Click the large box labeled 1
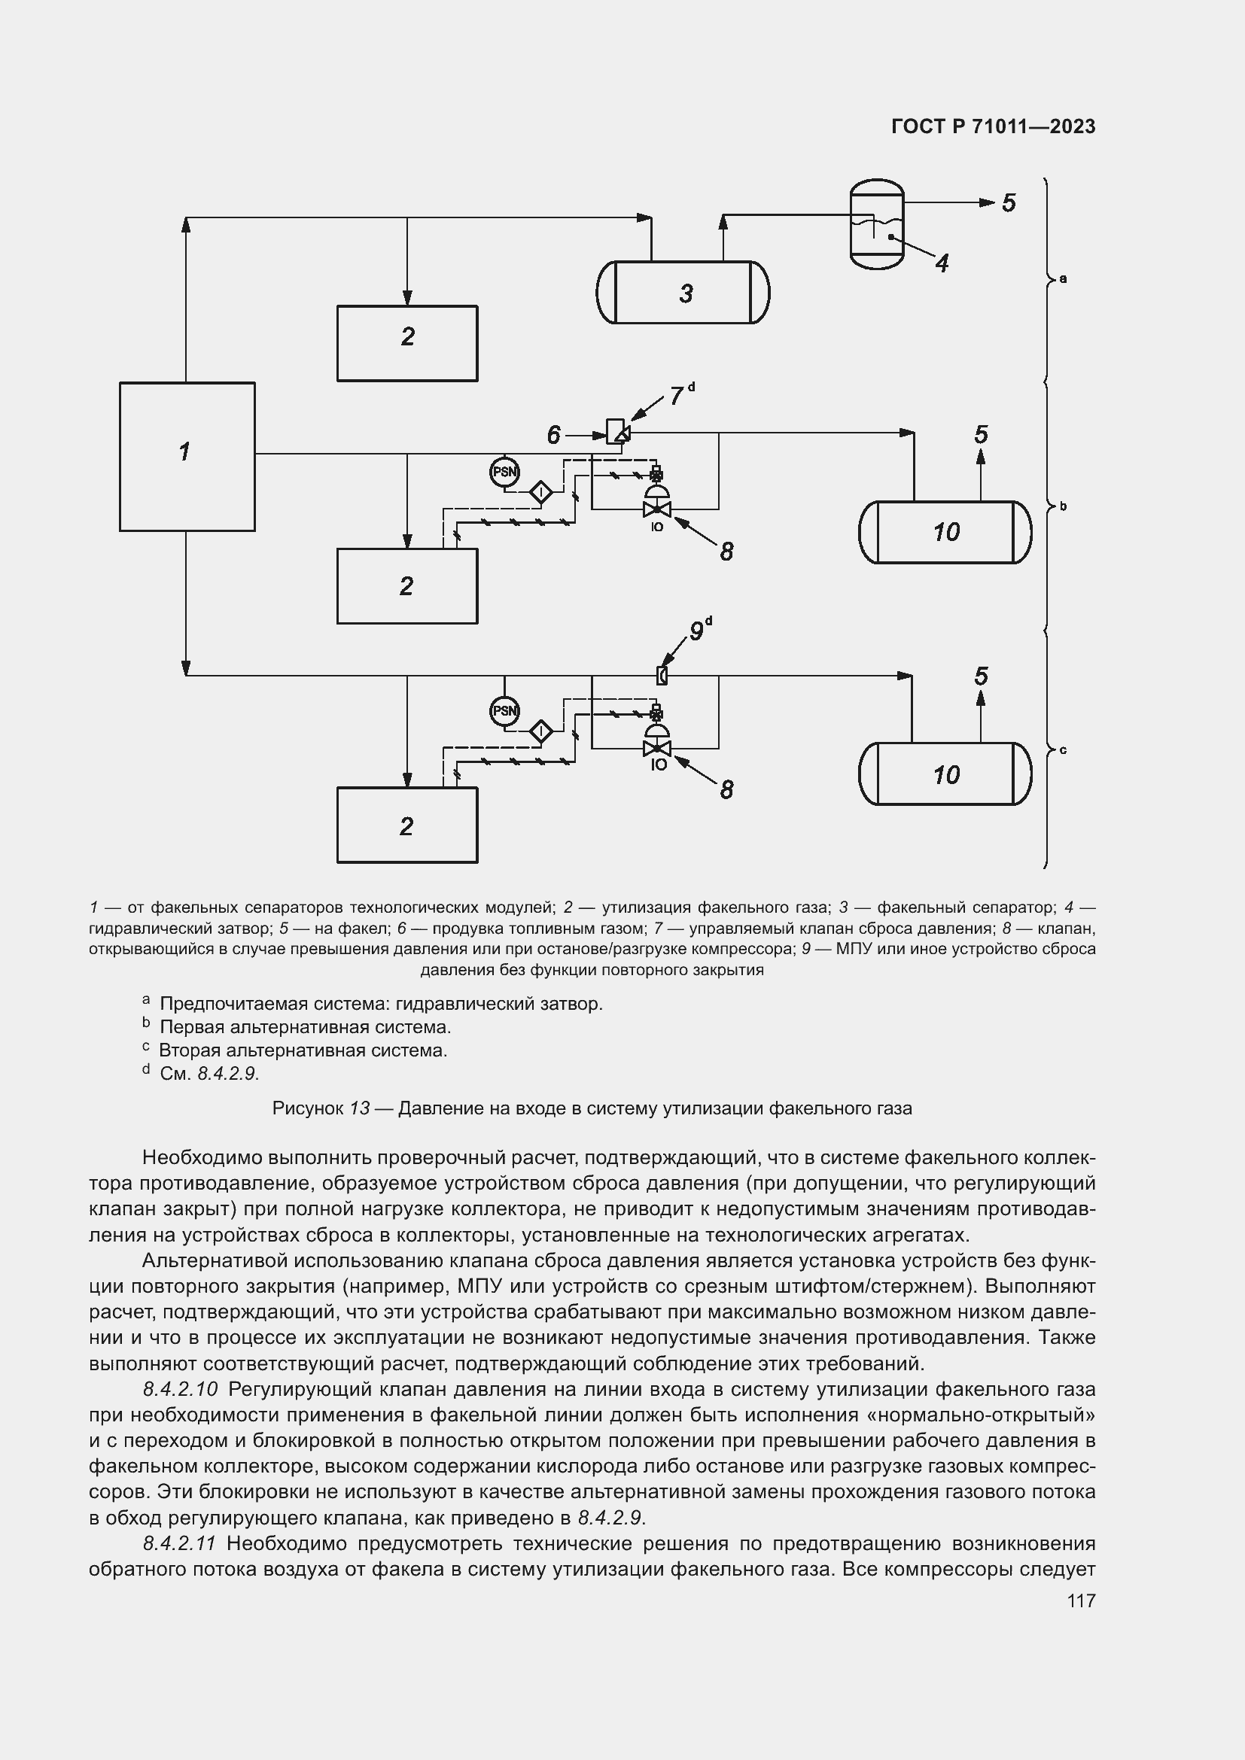click(x=187, y=456)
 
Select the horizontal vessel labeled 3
click(x=683, y=292)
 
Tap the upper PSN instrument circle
click(x=504, y=473)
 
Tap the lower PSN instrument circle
click(x=504, y=710)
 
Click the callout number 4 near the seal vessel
click(x=942, y=263)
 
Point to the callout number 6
click(x=554, y=436)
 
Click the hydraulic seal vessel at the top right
click(x=877, y=223)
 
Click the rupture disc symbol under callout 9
click(x=662, y=675)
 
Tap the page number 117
click(x=1081, y=1600)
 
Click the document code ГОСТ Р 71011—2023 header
click(x=994, y=126)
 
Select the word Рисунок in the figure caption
click(x=307, y=1108)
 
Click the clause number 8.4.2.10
click(x=180, y=1388)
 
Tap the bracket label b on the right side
click(x=1064, y=506)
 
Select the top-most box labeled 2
click(x=407, y=342)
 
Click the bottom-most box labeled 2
click(x=407, y=825)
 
